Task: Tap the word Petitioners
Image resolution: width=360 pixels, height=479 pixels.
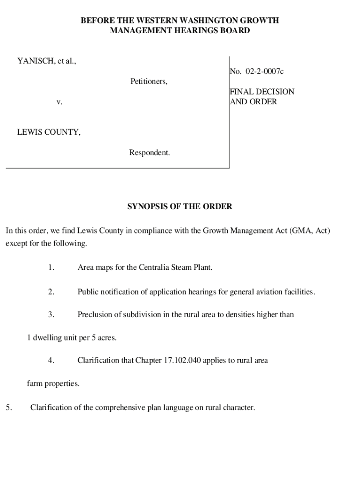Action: pyautogui.click(x=149, y=81)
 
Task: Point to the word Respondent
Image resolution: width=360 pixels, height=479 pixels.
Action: pyautogui.click(x=150, y=152)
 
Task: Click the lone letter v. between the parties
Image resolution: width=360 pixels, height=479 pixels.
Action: pyautogui.click(x=59, y=102)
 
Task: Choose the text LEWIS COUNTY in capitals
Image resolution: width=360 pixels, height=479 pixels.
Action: pyautogui.click(x=49, y=132)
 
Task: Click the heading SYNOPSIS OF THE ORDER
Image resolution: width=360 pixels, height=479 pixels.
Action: pyautogui.click(x=180, y=206)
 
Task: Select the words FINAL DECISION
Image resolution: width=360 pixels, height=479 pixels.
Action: pyautogui.click(x=262, y=92)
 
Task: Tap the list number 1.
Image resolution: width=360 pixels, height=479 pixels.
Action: pyautogui.click(x=51, y=268)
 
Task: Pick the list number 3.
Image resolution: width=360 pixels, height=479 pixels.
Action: pyautogui.click(x=51, y=314)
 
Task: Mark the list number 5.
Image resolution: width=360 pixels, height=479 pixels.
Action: pyautogui.click(x=9, y=407)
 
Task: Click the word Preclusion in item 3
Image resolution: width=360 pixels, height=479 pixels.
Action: pyautogui.click(x=95, y=314)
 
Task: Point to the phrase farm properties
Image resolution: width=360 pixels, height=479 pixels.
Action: pyautogui.click(x=53, y=384)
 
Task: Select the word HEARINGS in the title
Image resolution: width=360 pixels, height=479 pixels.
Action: pyautogui.click(x=193, y=30)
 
